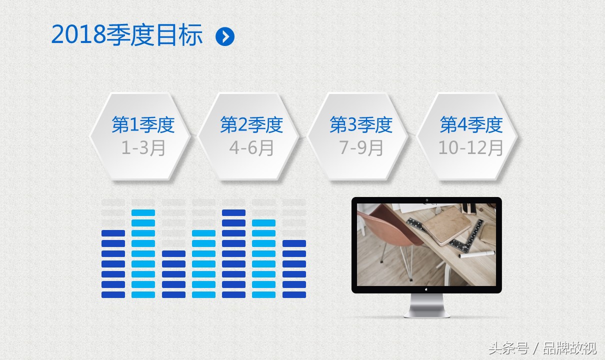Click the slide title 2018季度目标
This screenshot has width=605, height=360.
point(127,35)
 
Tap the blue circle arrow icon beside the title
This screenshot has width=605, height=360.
point(225,36)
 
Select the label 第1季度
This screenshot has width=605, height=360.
point(143,125)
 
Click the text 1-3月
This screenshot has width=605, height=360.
point(143,148)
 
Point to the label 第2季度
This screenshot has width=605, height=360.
point(251,125)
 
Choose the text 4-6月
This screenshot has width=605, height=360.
point(251,148)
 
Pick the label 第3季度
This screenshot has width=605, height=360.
point(361,125)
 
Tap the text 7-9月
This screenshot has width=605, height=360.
point(361,148)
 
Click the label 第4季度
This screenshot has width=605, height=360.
point(471,125)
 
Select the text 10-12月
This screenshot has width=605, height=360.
point(471,148)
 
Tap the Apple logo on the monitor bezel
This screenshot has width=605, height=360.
point(426,289)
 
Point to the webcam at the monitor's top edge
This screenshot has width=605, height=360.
point(426,200)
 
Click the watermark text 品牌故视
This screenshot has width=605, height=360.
point(569,348)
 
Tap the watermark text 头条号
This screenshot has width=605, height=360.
point(508,348)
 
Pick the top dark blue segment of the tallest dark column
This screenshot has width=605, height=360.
point(233,213)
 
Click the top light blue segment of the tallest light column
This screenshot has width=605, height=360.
point(143,213)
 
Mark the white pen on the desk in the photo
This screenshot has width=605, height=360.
point(476,254)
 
